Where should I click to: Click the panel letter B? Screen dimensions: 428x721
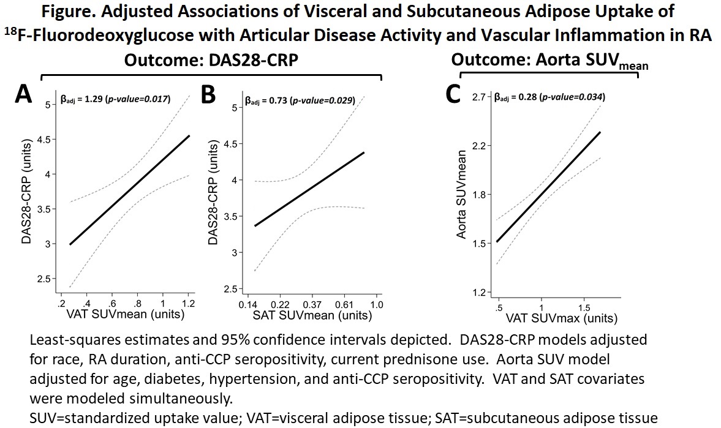click(208, 96)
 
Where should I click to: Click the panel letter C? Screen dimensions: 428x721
click(453, 95)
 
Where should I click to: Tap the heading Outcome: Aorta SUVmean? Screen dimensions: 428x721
click(549, 61)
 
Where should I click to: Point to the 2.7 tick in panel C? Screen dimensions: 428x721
click(478, 97)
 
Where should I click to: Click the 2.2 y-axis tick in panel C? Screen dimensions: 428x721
click(478, 146)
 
